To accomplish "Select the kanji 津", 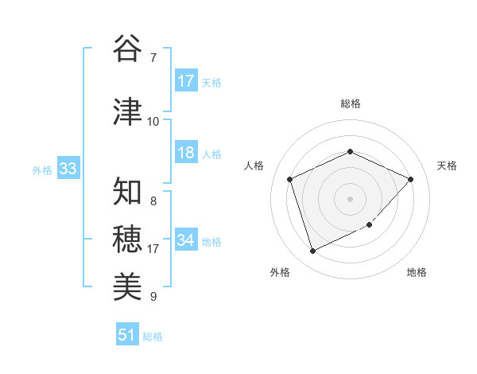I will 127,112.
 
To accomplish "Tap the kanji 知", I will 127,191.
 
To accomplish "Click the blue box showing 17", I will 186,81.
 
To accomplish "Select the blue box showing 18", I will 186,154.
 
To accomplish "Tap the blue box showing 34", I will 186,240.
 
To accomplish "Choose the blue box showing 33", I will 68,169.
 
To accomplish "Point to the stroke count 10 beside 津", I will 153,121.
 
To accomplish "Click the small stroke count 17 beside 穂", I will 153,248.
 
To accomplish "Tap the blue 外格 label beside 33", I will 42,169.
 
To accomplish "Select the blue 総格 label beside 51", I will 153,336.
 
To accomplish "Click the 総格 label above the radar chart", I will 350,103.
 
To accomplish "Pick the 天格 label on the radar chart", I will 447,166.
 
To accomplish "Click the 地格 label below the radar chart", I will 417,272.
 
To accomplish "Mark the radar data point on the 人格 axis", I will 290,179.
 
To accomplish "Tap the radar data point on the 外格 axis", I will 312,251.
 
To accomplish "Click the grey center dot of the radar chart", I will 350,198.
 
